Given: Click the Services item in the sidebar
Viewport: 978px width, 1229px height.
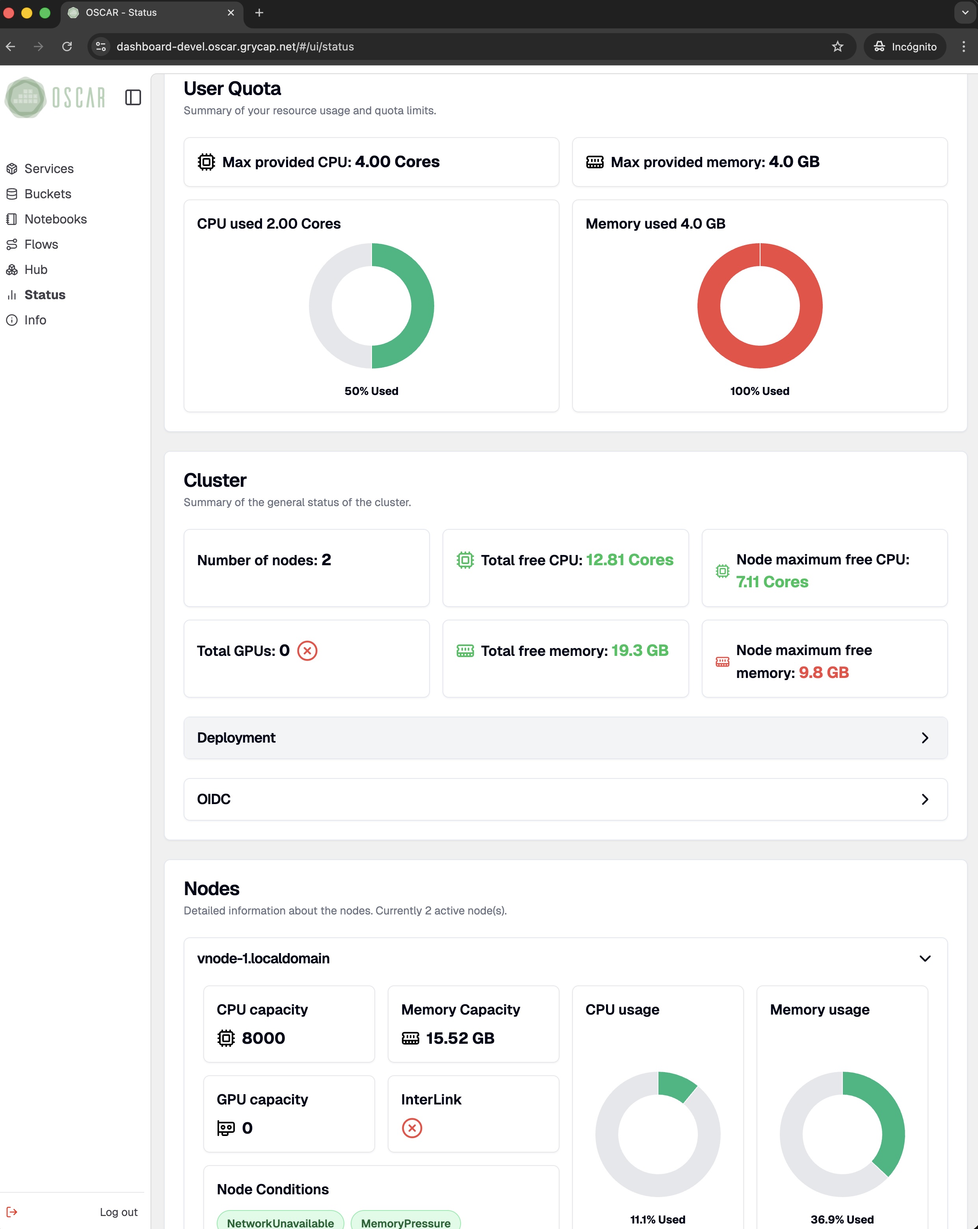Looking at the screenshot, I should click(x=48, y=169).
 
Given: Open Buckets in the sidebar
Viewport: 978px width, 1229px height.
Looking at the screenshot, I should click(x=47, y=194).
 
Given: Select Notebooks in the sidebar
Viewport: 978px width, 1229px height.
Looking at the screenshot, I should click(x=55, y=219).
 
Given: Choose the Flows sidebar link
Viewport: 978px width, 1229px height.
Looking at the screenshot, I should click(x=41, y=244).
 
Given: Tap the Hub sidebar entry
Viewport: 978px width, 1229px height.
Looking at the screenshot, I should click(x=35, y=270).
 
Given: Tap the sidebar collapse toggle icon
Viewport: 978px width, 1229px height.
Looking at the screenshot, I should click(x=133, y=97).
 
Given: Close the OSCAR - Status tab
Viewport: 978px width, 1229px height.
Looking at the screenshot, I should click(x=231, y=13).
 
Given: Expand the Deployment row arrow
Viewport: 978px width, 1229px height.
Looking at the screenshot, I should click(x=924, y=737).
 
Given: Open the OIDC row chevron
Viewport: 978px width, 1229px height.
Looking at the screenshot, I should click(x=924, y=799).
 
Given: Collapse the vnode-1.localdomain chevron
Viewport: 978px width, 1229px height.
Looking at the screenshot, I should click(x=924, y=958).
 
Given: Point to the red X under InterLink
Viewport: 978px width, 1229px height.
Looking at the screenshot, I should click(x=411, y=1128).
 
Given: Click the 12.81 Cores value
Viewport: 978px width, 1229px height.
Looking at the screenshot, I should click(x=629, y=560).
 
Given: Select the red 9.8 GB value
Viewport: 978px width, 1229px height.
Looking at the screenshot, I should click(x=823, y=673).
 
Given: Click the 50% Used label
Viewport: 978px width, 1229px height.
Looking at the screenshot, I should click(x=371, y=391).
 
